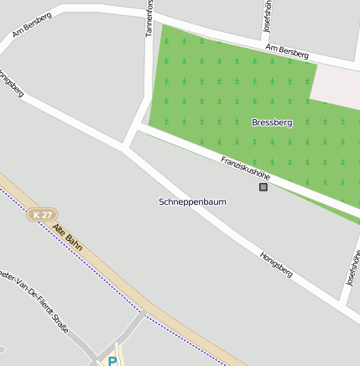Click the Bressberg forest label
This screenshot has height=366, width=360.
click(x=272, y=123)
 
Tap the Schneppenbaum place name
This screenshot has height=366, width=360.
click(x=192, y=202)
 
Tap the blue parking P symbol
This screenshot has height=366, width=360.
click(x=112, y=361)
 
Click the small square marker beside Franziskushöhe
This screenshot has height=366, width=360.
click(x=263, y=187)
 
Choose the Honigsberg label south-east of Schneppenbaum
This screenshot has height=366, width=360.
click(x=276, y=264)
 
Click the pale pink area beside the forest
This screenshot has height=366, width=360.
click(x=336, y=83)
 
